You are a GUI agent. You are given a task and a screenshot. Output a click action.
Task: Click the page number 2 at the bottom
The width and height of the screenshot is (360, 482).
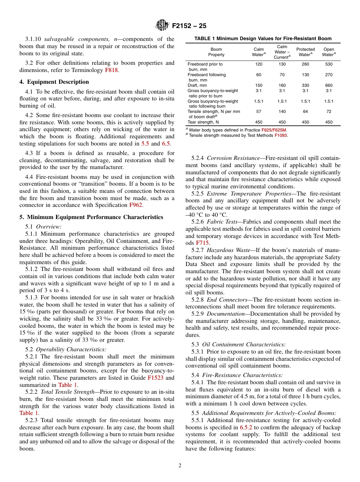(180, 465)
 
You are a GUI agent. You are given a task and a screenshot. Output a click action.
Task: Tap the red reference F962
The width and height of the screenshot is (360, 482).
(136, 205)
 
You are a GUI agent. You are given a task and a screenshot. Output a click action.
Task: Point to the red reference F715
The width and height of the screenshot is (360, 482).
(202, 243)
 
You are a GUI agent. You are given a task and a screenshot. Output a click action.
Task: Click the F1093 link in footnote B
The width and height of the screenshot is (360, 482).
(281, 135)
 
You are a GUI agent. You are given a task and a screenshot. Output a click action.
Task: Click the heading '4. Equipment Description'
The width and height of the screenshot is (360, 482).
(54, 82)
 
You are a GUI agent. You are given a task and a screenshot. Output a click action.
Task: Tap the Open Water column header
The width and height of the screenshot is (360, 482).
(329, 52)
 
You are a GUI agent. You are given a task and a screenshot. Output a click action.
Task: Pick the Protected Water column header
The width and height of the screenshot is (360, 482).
(305, 52)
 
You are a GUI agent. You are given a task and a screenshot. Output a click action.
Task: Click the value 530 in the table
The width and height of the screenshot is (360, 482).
(329, 64)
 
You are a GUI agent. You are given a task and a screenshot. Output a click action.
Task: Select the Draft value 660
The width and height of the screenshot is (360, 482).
(329, 86)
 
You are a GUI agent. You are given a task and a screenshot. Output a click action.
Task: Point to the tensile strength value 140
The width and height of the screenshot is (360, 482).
(282, 112)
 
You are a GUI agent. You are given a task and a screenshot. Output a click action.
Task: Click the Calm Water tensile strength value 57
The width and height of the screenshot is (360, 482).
(258, 112)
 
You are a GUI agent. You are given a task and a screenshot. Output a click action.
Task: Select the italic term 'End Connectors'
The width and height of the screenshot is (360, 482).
(227, 300)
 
